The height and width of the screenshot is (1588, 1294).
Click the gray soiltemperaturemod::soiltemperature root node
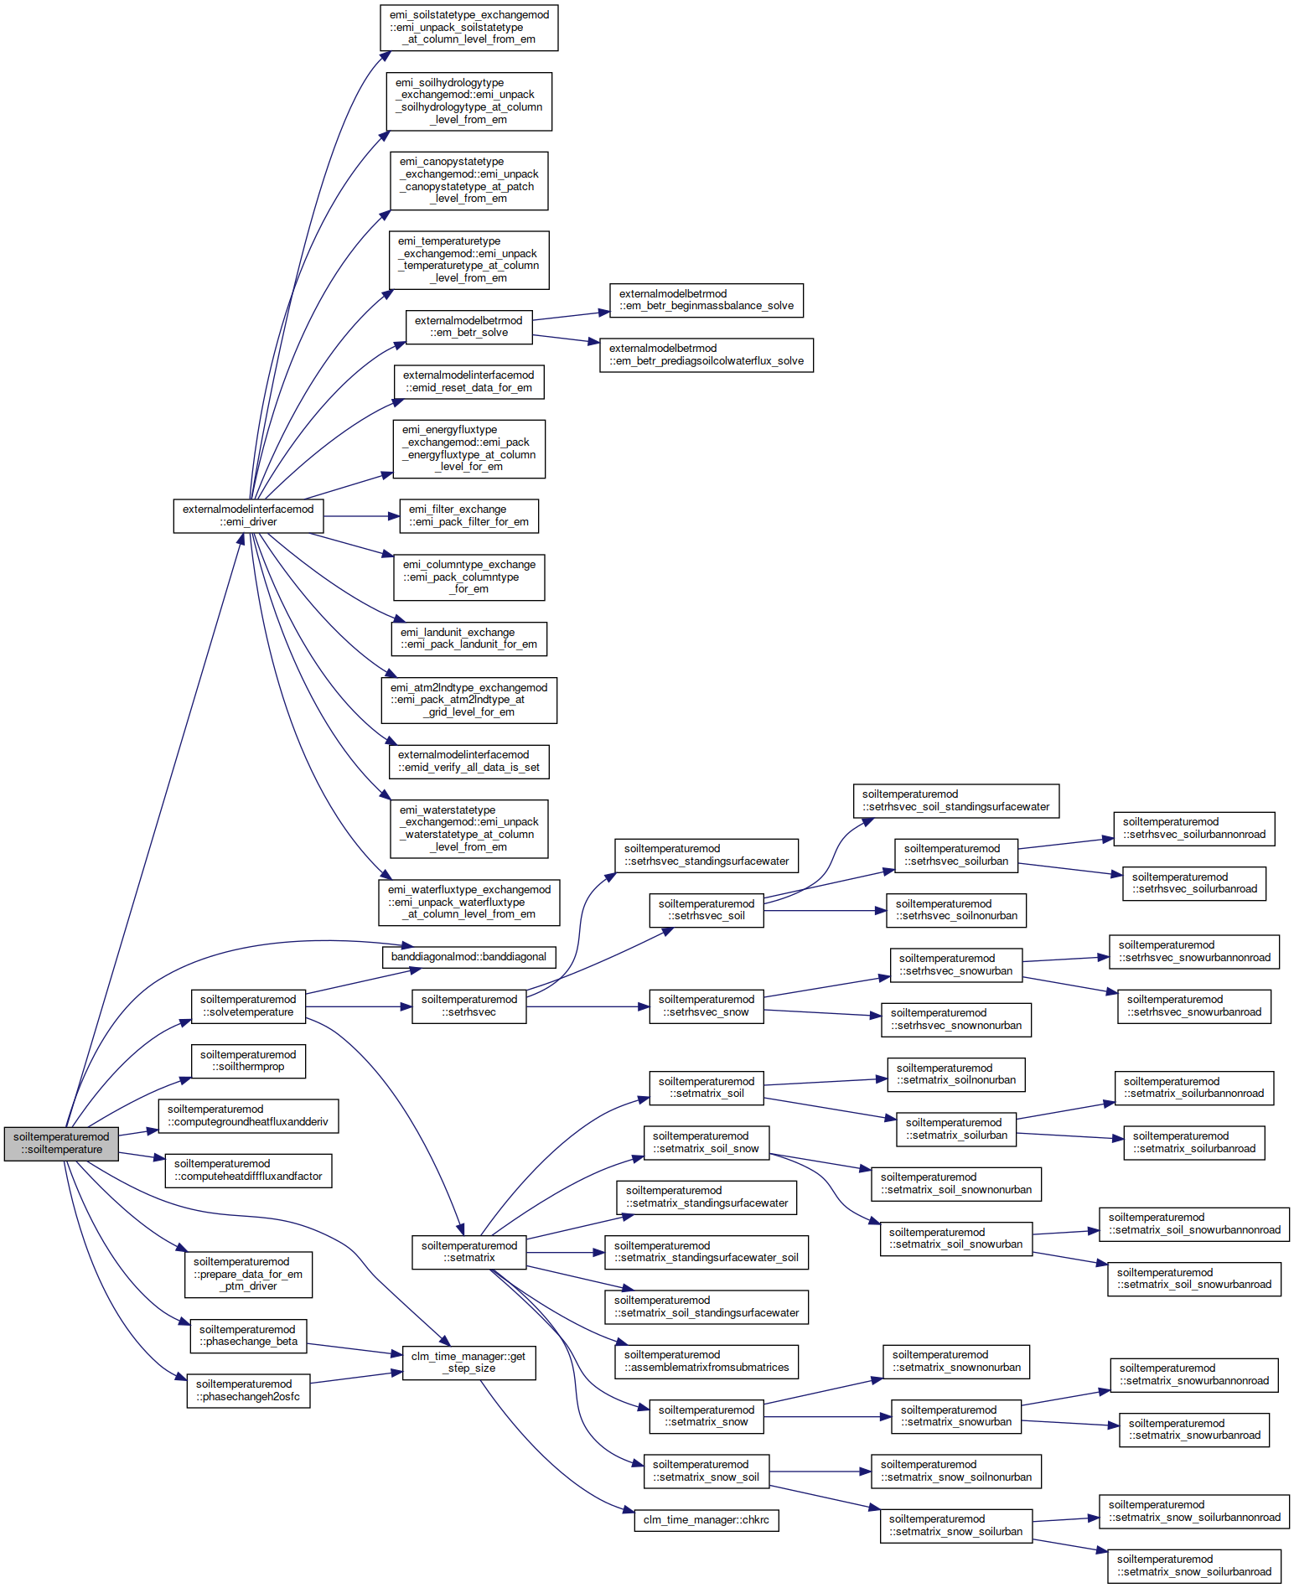point(61,1143)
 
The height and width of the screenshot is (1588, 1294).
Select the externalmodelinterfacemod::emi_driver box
point(248,515)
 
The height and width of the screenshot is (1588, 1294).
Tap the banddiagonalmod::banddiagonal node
point(468,956)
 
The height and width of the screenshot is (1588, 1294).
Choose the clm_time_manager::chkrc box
point(706,1519)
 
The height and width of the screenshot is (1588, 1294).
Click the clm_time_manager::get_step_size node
point(468,1362)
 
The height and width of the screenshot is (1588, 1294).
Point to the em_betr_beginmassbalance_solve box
point(707,300)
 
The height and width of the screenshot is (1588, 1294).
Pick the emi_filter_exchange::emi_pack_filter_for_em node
point(468,515)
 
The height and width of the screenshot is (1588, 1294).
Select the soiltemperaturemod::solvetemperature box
point(248,1006)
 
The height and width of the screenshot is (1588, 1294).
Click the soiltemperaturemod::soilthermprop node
point(248,1061)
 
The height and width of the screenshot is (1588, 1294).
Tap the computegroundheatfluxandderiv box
point(248,1115)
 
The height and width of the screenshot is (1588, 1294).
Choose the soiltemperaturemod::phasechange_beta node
point(248,1336)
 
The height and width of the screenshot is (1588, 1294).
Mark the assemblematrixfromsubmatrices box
point(707,1361)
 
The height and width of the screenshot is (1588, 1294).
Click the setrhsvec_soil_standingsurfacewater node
point(955,800)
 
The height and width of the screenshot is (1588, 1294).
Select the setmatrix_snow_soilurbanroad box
point(1194,1565)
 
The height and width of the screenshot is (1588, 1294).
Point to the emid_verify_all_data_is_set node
point(468,761)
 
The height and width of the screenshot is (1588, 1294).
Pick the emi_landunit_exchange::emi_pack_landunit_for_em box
point(468,639)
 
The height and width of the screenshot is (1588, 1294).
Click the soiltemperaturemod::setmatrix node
point(469,1252)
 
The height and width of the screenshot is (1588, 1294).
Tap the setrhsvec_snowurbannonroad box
point(1194,951)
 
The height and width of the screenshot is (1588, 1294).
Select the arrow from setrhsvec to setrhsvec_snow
point(588,1006)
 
